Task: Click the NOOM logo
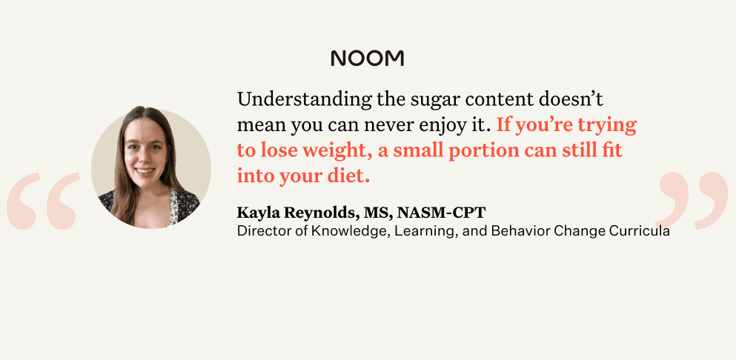(x=368, y=59)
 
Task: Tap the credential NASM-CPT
(x=441, y=213)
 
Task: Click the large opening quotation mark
(x=42, y=201)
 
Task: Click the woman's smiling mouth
(x=145, y=170)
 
